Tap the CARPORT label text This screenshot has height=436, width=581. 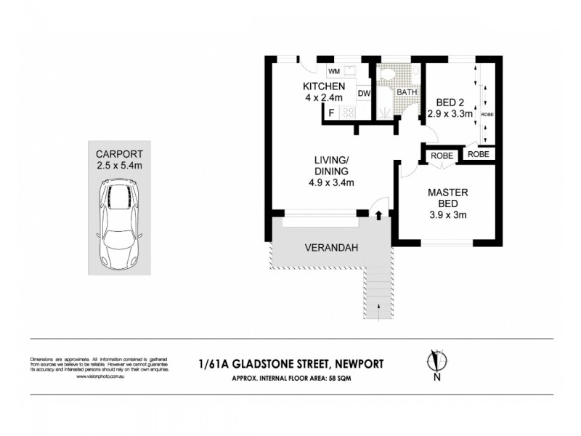(120, 153)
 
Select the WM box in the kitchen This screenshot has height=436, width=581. (333, 71)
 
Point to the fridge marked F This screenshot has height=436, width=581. (332, 113)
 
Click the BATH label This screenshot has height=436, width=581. (407, 92)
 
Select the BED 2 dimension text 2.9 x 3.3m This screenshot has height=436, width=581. (450, 113)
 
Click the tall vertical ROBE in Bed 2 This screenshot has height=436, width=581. (486, 105)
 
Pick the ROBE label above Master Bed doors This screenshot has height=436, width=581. (442, 155)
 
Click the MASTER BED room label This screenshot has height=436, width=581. (447, 198)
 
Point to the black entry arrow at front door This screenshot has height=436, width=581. (378, 213)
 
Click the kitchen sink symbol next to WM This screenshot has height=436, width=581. (348, 71)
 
